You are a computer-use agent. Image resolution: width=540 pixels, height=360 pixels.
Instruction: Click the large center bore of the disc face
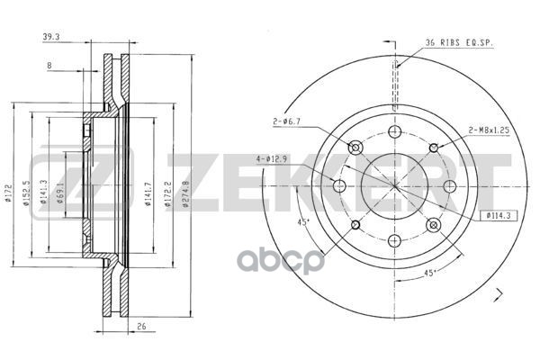pos(395,186)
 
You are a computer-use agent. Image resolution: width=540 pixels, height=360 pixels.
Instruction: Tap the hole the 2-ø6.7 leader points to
pos(355,148)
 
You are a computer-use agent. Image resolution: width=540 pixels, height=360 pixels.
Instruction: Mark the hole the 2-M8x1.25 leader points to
pos(435,147)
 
